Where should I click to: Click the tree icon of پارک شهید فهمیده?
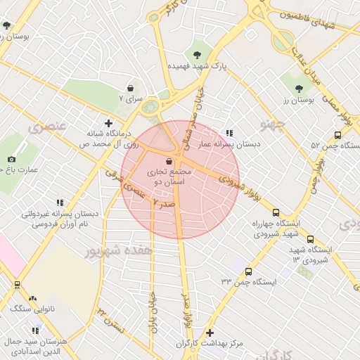(196, 53)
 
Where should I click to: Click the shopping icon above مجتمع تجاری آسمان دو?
(167, 161)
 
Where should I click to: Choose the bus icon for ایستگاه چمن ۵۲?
(337, 136)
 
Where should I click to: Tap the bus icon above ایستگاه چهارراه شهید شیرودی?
(276, 212)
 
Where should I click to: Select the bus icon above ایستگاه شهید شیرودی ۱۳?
(311, 239)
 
